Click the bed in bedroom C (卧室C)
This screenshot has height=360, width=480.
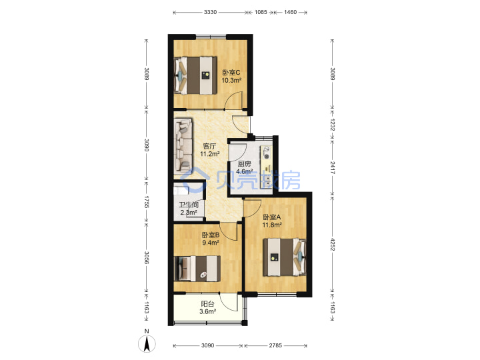pos(195,75)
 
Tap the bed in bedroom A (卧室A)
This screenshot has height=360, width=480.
pos(285,257)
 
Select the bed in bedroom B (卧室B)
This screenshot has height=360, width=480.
pos(197,269)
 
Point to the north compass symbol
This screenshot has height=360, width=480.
pos(147,343)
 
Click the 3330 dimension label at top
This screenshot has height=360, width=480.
pos(210,12)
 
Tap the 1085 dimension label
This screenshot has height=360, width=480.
pos(261,12)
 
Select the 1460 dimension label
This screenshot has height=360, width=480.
pos(290,12)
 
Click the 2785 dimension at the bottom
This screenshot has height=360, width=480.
pos(275,345)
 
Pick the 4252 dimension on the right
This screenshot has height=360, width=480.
pos(333,244)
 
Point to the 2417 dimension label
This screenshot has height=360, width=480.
pos(333,168)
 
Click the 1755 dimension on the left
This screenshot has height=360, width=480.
pos(146,202)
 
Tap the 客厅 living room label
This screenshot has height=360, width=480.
pos(209,146)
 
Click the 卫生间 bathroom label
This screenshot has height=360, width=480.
pos(189,205)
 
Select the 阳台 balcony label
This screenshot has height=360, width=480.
pos(207,304)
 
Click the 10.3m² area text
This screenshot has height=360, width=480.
pos(231,81)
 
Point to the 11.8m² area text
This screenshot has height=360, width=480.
pos(272,225)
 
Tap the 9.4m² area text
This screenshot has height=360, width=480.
pos(210,243)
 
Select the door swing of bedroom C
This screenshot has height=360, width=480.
pos(233,101)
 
